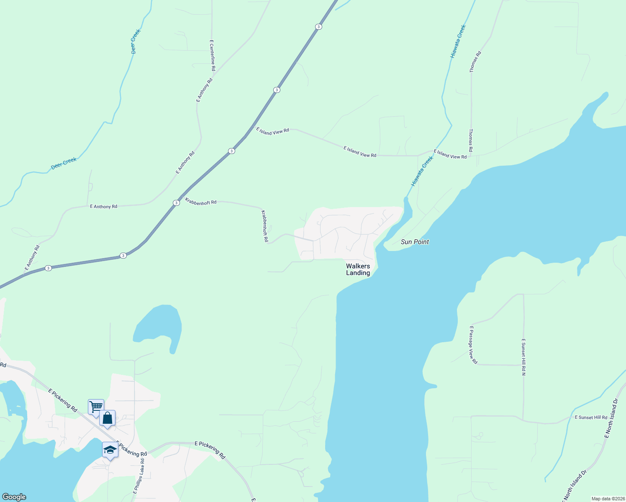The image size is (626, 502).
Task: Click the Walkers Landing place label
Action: click(x=358, y=269)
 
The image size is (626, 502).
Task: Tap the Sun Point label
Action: click(x=415, y=242)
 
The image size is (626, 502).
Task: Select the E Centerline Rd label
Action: click(x=213, y=55)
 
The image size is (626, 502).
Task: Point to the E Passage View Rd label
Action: click(x=473, y=345)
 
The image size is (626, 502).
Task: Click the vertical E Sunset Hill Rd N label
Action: click(x=523, y=357)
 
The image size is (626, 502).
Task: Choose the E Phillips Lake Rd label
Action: click(x=139, y=476)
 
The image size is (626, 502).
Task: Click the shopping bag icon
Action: click(x=108, y=418)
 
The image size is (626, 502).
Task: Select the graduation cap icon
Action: click(x=110, y=450)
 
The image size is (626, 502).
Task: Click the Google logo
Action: click(x=14, y=497)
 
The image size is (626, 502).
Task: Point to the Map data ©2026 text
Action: click(x=607, y=499)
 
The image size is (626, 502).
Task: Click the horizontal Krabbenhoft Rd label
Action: click(x=201, y=202)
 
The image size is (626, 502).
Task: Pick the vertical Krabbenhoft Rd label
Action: click(x=264, y=226)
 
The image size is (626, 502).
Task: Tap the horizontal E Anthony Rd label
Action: click(x=103, y=207)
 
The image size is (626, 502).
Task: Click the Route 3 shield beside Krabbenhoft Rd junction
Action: click(x=176, y=203)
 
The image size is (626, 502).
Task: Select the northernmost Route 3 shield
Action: click(x=319, y=27)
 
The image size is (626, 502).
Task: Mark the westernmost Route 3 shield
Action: click(x=49, y=268)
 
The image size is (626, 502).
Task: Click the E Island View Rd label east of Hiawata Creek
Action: click(x=450, y=154)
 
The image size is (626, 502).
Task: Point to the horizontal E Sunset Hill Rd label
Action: click(x=591, y=417)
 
